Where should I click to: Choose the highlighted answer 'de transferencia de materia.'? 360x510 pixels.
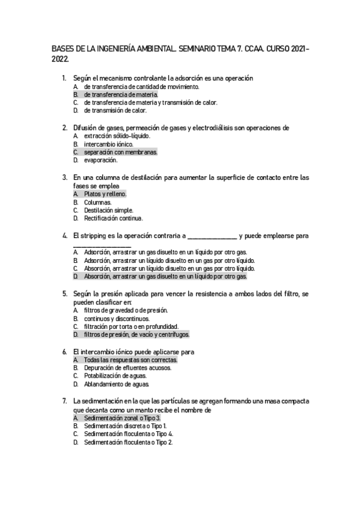[121, 94]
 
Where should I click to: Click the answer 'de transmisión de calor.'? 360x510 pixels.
[115, 111]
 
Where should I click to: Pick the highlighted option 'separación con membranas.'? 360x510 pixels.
[120, 152]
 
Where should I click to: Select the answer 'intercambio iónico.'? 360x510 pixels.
[109, 144]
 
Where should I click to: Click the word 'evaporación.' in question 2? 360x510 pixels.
[100, 161]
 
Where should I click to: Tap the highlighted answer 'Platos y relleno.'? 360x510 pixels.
[105, 194]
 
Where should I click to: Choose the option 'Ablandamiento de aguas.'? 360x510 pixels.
[116, 384]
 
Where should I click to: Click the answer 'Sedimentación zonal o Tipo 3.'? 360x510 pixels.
[122, 417]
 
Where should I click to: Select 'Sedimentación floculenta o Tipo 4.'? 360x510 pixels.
[129, 434]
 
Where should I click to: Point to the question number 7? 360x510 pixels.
[64, 401]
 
